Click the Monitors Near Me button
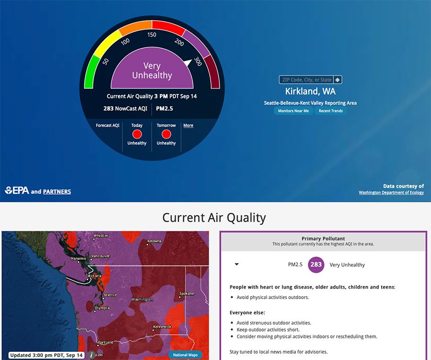(x=293, y=111)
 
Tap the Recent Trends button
(x=330, y=111)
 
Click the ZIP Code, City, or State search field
(x=306, y=80)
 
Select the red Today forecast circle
(x=137, y=134)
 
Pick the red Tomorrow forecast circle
(x=166, y=134)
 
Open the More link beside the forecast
(x=188, y=126)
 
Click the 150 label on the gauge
(x=152, y=35)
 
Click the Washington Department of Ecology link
(x=391, y=192)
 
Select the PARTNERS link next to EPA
(x=57, y=192)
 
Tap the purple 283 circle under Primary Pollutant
(x=316, y=265)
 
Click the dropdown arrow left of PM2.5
(x=237, y=264)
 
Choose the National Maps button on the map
(x=185, y=355)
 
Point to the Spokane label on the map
(x=187, y=294)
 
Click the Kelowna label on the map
(x=154, y=241)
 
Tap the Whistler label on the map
(x=101, y=235)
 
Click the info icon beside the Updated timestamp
(x=91, y=355)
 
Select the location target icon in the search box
(x=338, y=80)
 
